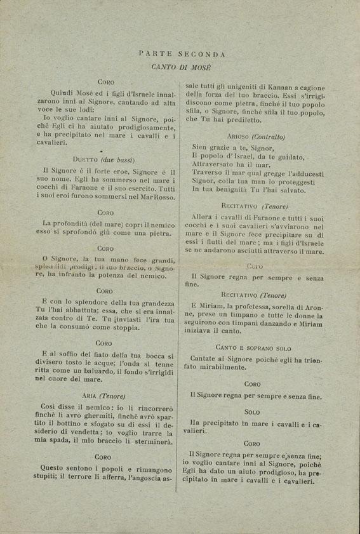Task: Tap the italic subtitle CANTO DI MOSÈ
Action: click(x=181, y=66)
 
